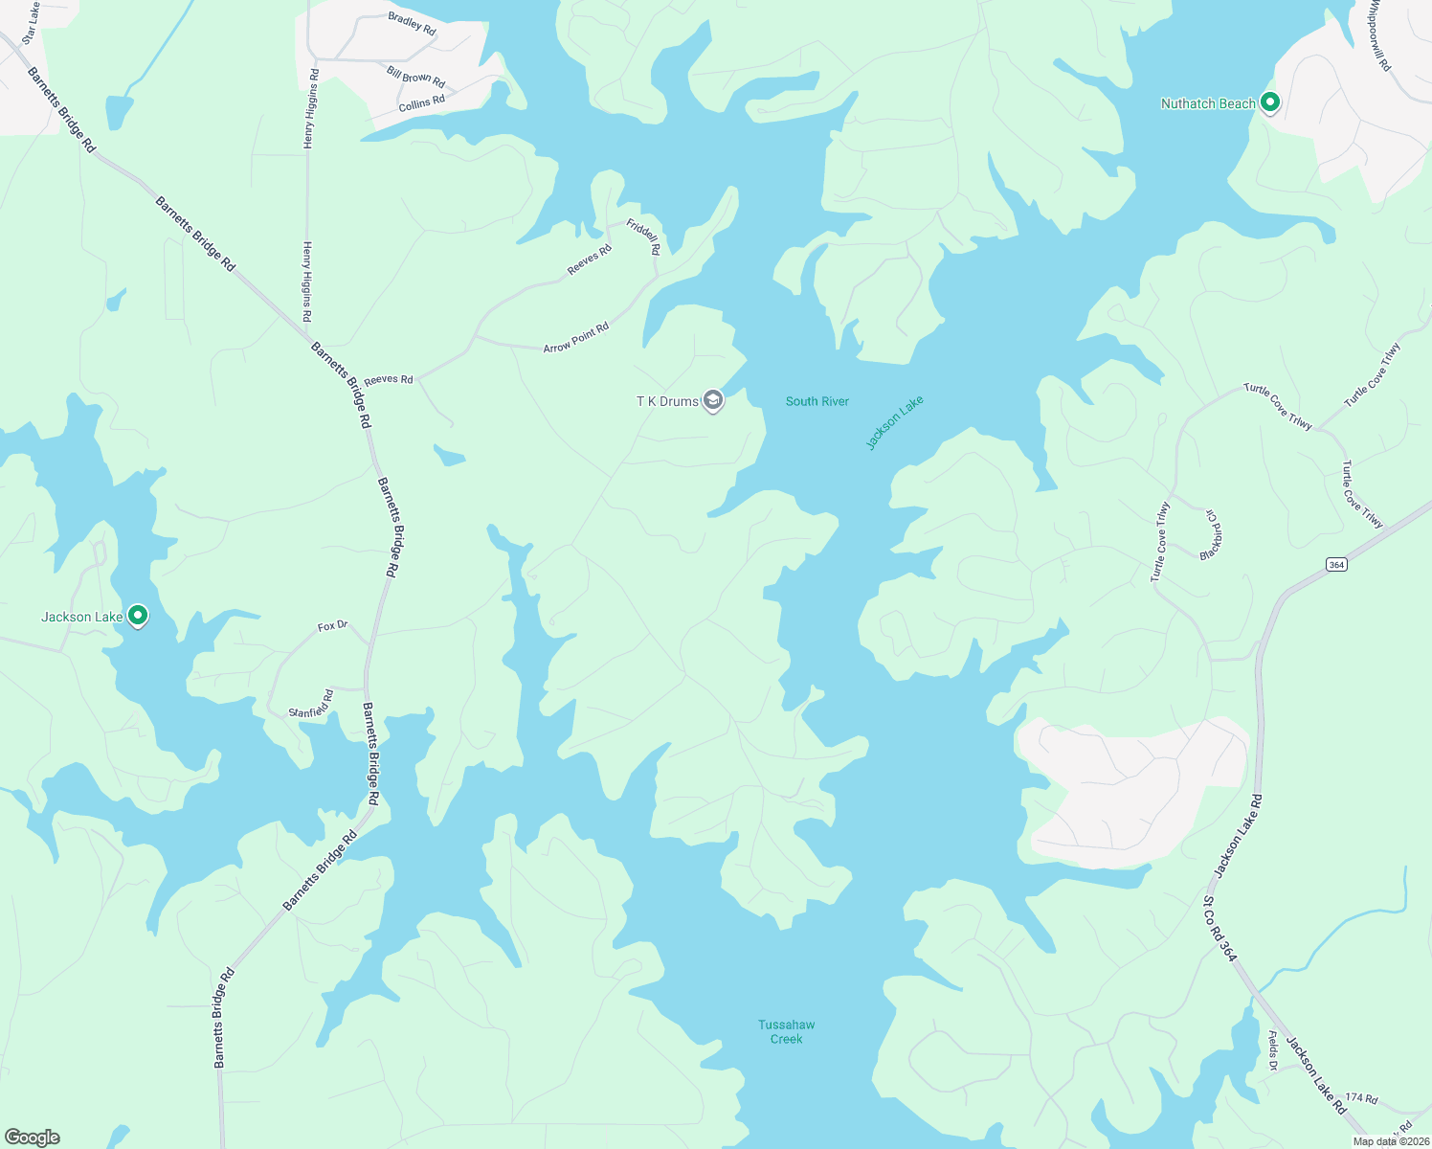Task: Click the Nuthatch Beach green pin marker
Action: [1270, 101]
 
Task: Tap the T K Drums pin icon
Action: [712, 399]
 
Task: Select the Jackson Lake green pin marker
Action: [138, 616]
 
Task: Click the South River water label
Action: [817, 401]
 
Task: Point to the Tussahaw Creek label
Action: [786, 1031]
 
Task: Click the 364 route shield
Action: [1336, 564]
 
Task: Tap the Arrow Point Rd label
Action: [576, 338]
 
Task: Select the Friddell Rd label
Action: [643, 237]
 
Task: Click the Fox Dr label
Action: [332, 626]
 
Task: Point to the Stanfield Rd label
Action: [311, 704]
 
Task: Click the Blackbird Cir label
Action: [1212, 534]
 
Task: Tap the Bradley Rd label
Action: [412, 24]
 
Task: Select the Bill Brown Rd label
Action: [415, 77]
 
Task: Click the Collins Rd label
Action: [421, 102]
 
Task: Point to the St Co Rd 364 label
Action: [1219, 929]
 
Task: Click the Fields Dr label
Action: [1273, 1050]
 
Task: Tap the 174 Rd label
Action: [1360, 1098]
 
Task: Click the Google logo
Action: [34, 1138]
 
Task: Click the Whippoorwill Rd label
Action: [1378, 35]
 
